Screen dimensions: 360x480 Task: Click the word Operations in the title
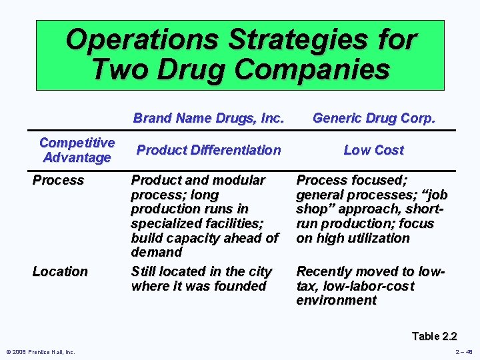(x=142, y=39)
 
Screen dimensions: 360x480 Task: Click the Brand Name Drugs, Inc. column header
(x=209, y=119)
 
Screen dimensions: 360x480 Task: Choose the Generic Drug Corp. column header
(x=373, y=119)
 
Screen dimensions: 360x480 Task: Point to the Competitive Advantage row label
(x=77, y=150)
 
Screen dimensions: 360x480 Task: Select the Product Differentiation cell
(x=209, y=150)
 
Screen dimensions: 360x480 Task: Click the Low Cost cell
(x=373, y=150)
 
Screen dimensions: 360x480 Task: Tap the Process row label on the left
(x=59, y=180)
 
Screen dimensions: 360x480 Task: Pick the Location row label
(x=60, y=271)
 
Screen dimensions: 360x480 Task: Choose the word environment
(x=336, y=300)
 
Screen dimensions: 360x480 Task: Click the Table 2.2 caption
(x=434, y=336)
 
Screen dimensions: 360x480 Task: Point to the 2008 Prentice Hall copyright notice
(x=41, y=352)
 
